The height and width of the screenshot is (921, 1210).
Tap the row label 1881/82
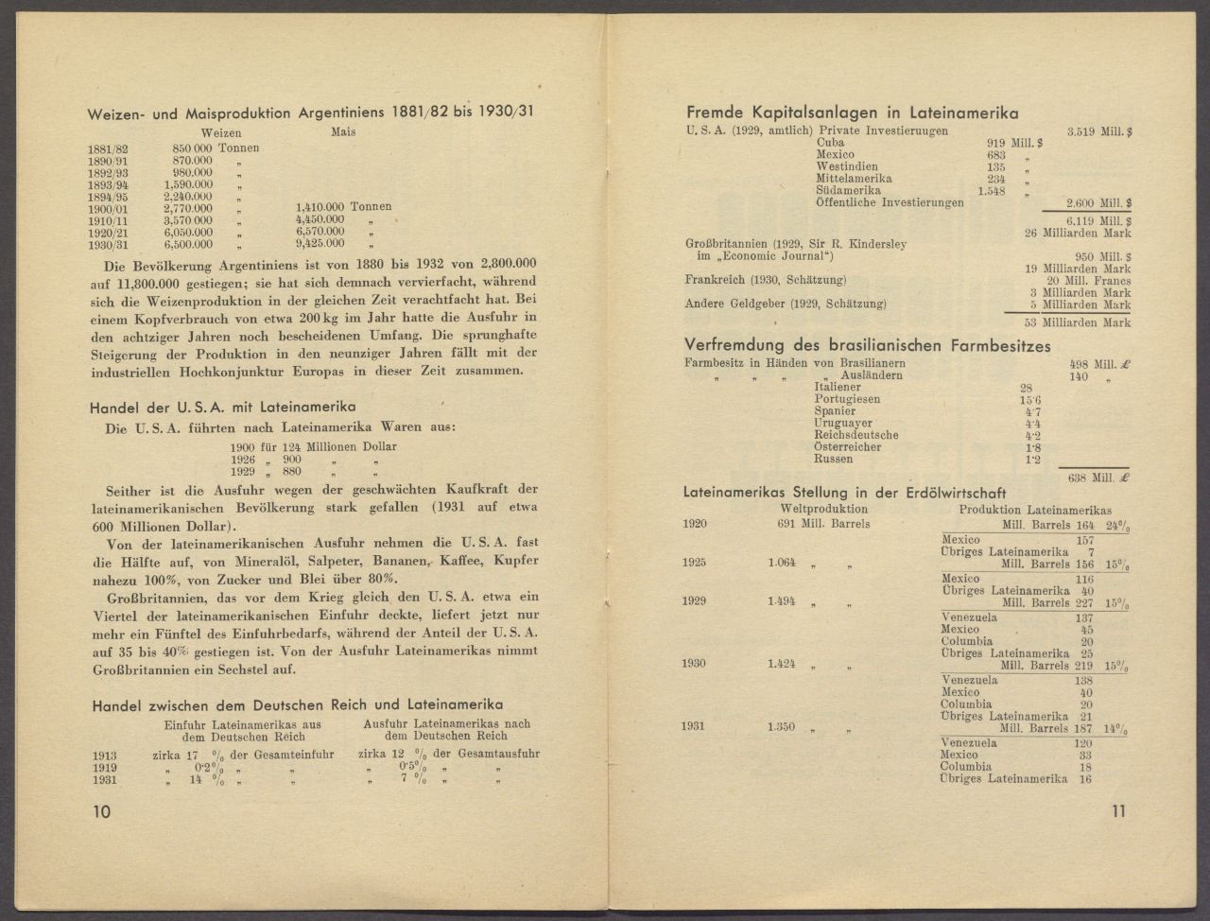[107, 149]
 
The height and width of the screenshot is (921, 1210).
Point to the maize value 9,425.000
[320, 243]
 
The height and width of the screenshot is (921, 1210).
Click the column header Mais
[343, 133]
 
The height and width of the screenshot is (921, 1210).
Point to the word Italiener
[838, 389]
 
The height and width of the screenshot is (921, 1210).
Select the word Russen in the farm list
[833, 460]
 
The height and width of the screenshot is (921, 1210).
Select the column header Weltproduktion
[812, 511]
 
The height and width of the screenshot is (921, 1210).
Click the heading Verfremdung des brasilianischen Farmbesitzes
[868, 346]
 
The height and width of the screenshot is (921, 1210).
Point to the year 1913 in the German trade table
[106, 756]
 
